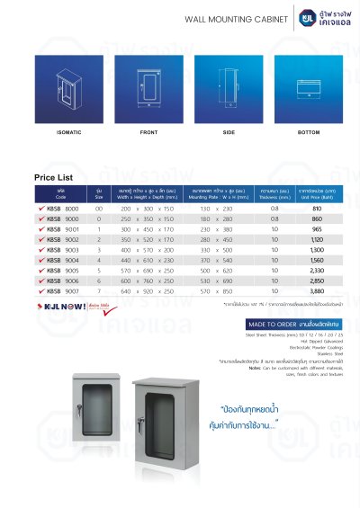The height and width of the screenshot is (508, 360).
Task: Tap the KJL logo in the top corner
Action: pos(309,16)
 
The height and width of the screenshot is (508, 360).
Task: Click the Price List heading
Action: pos(59,177)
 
